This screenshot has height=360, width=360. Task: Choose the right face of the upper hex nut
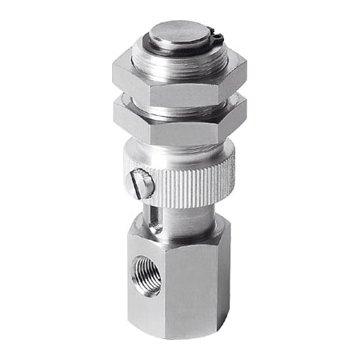233,74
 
